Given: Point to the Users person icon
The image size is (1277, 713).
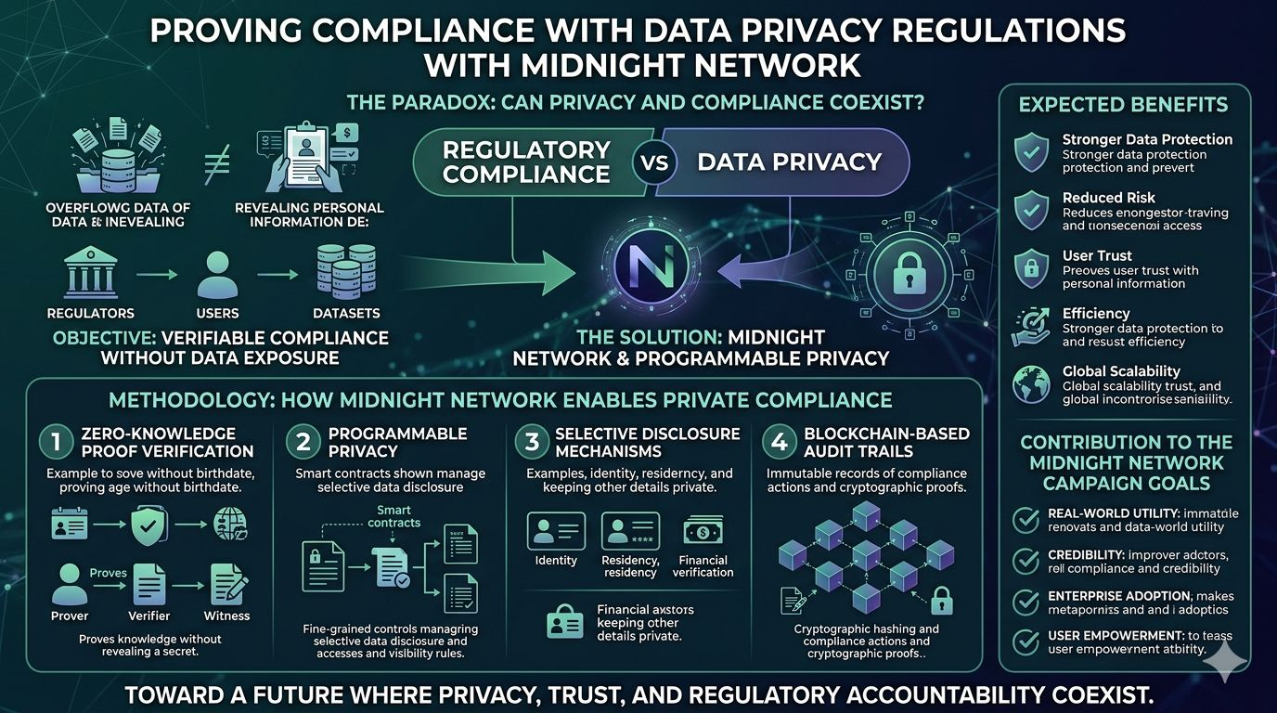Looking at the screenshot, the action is (x=218, y=273).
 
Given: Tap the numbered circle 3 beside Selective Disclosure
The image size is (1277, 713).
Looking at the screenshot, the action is (x=532, y=442).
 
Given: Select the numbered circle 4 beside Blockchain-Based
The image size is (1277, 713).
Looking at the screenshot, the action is (x=780, y=442).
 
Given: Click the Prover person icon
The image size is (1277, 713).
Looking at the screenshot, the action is (x=70, y=584).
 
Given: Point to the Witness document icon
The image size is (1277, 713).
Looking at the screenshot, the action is (x=227, y=585).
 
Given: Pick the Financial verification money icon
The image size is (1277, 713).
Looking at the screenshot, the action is (x=703, y=531).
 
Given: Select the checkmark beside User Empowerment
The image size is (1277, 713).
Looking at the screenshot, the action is (x=1025, y=642).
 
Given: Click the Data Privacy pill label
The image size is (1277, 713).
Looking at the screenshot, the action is (x=789, y=162).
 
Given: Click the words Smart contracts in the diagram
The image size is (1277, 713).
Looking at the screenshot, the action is (x=394, y=516).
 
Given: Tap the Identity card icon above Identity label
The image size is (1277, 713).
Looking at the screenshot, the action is (x=556, y=532).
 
